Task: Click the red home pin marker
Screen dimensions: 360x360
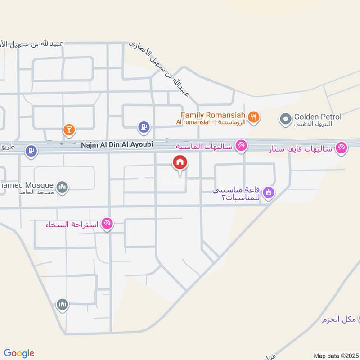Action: [180, 163]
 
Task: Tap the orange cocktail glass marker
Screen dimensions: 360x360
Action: [69, 130]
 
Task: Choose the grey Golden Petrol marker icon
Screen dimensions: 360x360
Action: [285, 119]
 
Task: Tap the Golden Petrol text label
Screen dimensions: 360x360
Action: [318, 117]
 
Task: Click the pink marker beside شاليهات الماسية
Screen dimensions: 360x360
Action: [242, 145]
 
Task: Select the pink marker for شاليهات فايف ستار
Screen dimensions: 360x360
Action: [342, 148]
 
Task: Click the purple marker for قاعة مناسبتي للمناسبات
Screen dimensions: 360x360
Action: [269, 193]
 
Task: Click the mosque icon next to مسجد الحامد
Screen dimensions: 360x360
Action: [63, 186]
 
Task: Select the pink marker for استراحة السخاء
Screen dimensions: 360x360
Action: [107, 223]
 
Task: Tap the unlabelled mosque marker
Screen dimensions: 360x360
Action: [62, 305]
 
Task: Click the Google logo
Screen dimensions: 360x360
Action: [19, 353]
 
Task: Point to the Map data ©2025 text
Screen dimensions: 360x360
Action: [336, 355]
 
